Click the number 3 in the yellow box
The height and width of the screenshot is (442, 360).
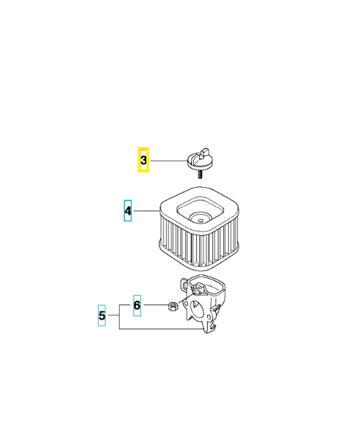coord(144,160)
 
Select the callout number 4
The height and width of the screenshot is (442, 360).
coord(128,211)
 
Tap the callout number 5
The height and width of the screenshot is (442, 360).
coord(102,315)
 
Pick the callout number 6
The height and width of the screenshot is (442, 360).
coord(137,305)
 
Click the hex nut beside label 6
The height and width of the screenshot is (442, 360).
coord(172,306)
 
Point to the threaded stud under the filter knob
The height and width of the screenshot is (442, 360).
coord(200,174)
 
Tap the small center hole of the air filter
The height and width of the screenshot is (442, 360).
coord(200,220)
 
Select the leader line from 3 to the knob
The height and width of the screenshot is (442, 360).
coord(169,161)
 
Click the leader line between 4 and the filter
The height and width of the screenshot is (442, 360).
coord(146,211)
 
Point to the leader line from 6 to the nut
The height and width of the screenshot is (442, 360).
coord(156,305)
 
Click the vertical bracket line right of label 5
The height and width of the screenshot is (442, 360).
coord(119,317)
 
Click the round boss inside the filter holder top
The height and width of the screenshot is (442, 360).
coord(199,287)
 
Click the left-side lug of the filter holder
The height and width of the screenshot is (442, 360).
coord(183,285)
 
